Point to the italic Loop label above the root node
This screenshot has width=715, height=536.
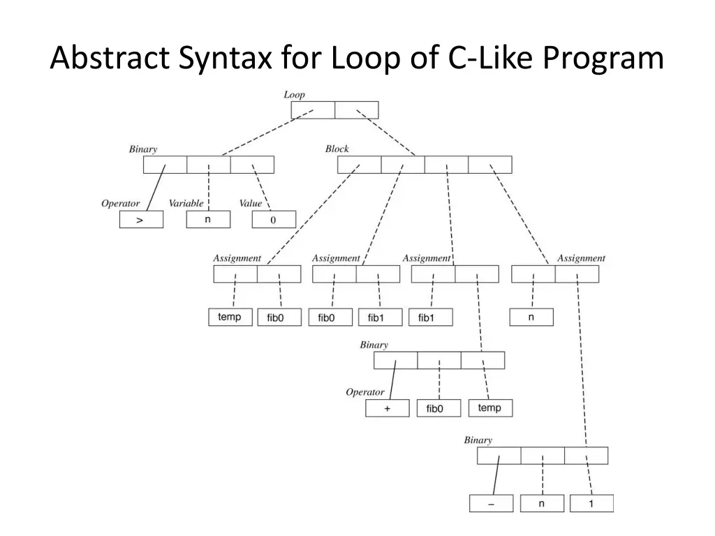pyautogui.click(x=294, y=94)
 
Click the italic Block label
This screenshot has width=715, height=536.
pyautogui.click(x=337, y=149)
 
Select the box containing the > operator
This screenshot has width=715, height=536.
pyautogui.click(x=141, y=220)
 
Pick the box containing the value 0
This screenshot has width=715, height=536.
pyautogui.click(x=274, y=220)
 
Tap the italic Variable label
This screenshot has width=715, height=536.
pyautogui.click(x=186, y=204)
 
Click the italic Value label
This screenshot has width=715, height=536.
pyautogui.click(x=250, y=204)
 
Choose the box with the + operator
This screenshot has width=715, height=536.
pyautogui.click(x=388, y=408)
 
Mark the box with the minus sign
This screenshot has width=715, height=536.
pyautogui.click(x=491, y=503)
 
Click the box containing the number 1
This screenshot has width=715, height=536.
pyautogui.click(x=591, y=503)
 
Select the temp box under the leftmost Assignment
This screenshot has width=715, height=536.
pyautogui.click(x=230, y=318)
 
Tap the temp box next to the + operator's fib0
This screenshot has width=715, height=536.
pyautogui.click(x=490, y=408)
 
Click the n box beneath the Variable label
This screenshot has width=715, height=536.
pyautogui.click(x=207, y=219)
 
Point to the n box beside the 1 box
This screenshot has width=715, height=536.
pyautogui.click(x=542, y=503)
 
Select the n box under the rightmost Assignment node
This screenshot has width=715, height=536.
pyautogui.click(x=531, y=318)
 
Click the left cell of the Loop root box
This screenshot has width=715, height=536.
pyautogui.click(x=313, y=110)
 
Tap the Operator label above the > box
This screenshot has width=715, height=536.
pyautogui.click(x=120, y=204)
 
